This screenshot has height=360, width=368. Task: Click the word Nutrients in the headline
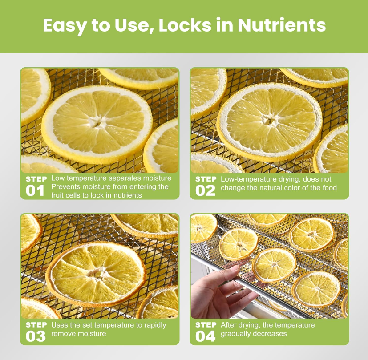point(282,25)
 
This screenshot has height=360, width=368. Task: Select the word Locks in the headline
point(185,25)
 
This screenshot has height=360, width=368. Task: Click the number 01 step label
point(35,190)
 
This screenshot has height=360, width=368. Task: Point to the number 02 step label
point(205,190)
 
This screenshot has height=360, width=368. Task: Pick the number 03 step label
point(36,336)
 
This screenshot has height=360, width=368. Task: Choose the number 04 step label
point(205,336)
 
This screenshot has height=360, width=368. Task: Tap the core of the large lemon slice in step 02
point(269,121)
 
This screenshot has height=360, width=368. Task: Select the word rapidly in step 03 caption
point(155,325)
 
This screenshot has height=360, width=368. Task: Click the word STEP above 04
point(206,325)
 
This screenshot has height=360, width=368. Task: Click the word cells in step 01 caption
point(71,195)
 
